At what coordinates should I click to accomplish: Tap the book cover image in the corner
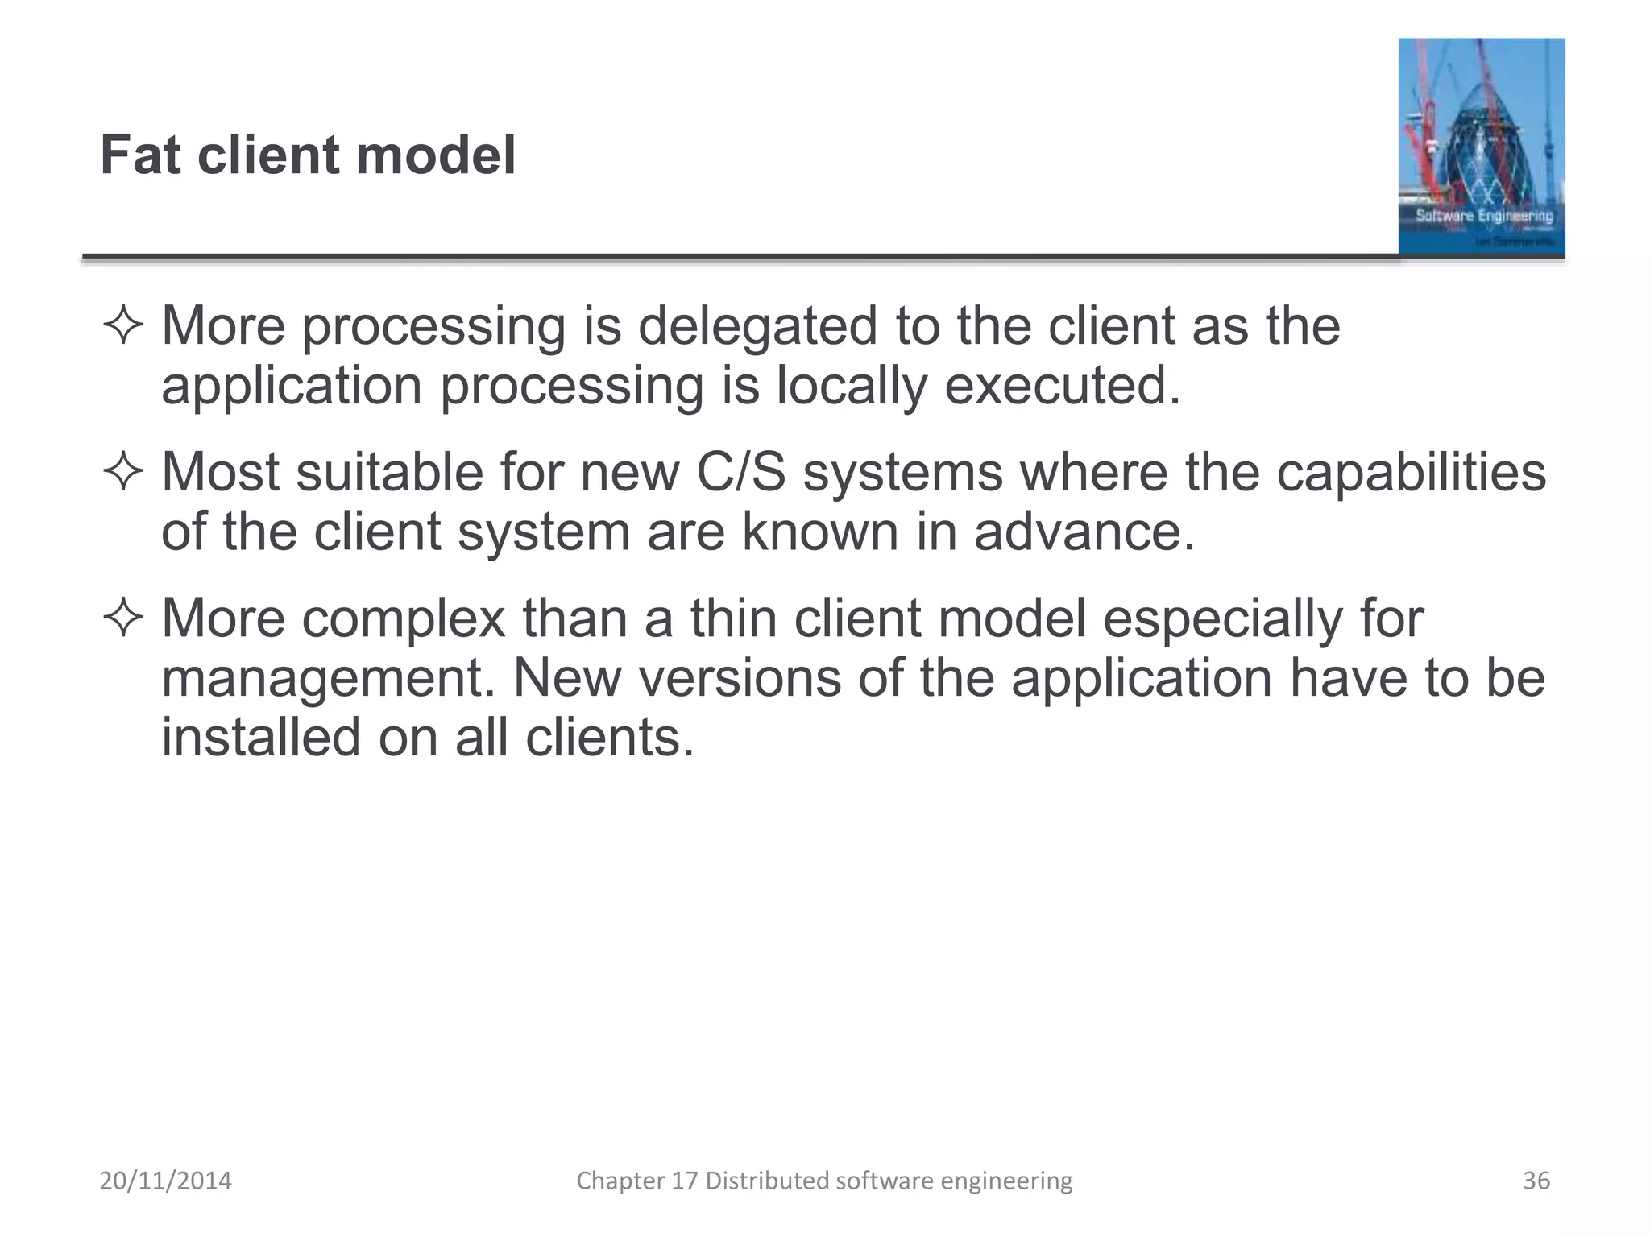(x=1481, y=147)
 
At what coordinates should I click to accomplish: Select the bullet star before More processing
(x=123, y=326)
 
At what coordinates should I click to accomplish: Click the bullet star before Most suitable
(x=123, y=472)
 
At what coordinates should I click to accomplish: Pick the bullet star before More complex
(x=123, y=618)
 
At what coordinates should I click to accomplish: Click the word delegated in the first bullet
(x=757, y=326)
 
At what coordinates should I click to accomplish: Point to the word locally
(x=852, y=386)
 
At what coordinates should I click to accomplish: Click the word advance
(x=1084, y=532)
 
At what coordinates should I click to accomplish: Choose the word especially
(x=1222, y=618)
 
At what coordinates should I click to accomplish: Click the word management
(x=328, y=678)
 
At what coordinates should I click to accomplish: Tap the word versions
(x=740, y=678)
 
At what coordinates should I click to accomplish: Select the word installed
(x=261, y=738)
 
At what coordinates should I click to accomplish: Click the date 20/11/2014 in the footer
(x=165, y=1181)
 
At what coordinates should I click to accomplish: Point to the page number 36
(x=1536, y=1181)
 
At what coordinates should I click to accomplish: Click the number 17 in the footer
(x=684, y=1181)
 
